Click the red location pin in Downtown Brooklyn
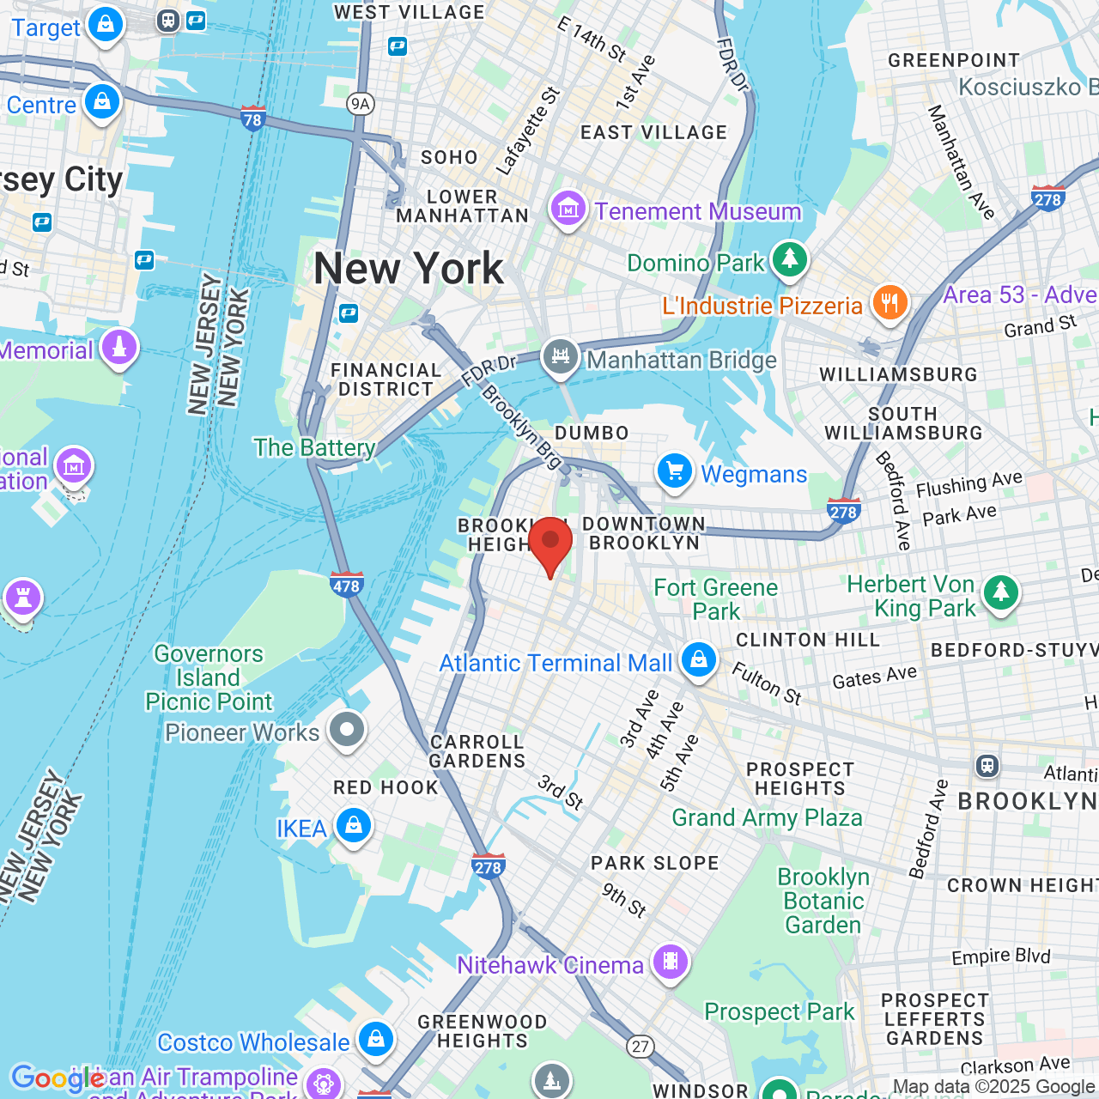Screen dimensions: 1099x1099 [x=550, y=543]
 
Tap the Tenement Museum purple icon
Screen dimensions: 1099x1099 [x=568, y=209]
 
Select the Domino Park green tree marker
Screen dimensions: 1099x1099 [x=790, y=258]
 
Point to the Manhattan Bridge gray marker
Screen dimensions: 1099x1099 [x=560, y=355]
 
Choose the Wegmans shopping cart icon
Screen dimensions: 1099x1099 [x=675, y=471]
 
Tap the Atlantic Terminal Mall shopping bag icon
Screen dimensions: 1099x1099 [x=699, y=659]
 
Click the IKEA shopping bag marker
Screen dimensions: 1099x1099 [x=353, y=826]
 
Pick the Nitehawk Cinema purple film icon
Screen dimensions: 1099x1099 [x=671, y=962]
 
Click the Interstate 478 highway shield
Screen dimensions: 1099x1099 [x=346, y=586]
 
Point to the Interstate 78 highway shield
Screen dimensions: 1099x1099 [x=252, y=118]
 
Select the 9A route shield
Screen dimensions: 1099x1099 [x=361, y=105]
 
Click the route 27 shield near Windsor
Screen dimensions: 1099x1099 [x=640, y=1047]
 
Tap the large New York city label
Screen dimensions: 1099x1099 [x=409, y=269]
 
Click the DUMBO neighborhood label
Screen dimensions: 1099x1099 [x=592, y=433]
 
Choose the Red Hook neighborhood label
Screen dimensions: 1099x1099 [x=386, y=787]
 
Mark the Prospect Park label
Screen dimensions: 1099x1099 [x=779, y=1012]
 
